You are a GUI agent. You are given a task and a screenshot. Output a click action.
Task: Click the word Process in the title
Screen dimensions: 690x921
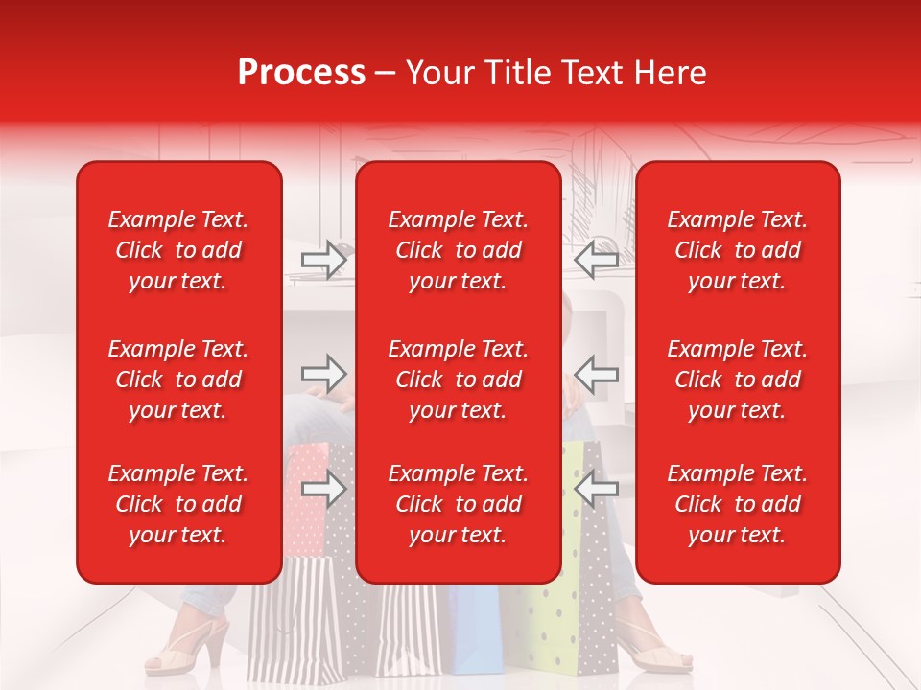pos(301,73)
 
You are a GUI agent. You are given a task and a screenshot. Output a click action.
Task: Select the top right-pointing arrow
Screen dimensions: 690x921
pos(323,260)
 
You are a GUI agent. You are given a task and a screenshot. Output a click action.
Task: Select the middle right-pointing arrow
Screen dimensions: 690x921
pos(323,374)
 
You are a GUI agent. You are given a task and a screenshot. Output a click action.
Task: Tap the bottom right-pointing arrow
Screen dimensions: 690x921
pos(323,490)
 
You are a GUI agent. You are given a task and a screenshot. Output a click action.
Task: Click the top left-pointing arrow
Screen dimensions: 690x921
pos(596,260)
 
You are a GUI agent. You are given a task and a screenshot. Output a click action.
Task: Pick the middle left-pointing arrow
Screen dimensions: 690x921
pos(596,374)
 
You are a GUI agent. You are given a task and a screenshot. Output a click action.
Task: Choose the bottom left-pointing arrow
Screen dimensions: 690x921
pos(596,490)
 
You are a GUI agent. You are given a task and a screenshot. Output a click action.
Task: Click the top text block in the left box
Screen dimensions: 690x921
pos(178,250)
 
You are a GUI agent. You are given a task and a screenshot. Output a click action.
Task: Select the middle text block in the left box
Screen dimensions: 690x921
pos(178,379)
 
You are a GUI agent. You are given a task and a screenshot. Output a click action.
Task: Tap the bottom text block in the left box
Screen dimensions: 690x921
pos(178,504)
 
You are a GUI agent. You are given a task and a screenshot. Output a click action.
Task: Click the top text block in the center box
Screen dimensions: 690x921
pos(459,250)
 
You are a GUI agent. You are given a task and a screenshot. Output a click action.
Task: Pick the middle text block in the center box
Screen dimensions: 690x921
pos(459,379)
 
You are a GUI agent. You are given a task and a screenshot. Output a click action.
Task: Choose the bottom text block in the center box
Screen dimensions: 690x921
pos(459,504)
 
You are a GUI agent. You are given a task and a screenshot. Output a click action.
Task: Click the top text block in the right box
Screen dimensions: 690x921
pos(738,250)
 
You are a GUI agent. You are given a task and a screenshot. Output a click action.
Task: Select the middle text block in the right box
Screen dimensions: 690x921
pos(738,379)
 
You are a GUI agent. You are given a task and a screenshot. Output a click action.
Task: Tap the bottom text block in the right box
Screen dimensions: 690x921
pos(738,504)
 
